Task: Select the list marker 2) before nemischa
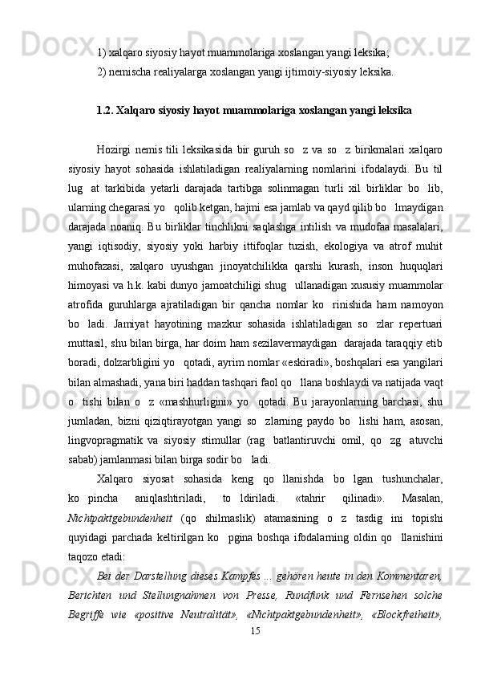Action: click(x=101, y=71)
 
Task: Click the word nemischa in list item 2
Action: click(x=129, y=71)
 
